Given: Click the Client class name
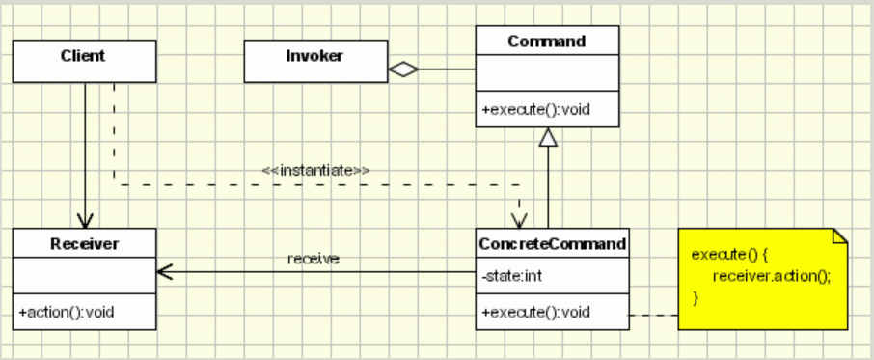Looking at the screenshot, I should [83, 56].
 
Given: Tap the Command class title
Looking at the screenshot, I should [546, 42].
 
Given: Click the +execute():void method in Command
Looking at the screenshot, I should [535, 110].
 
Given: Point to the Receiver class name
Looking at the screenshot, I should [83, 244].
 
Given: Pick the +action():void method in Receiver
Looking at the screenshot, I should [67, 313].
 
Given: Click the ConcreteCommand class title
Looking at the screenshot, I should [553, 244].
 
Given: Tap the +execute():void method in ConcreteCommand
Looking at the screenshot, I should [535, 313].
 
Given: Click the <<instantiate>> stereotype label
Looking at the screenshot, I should [316, 170].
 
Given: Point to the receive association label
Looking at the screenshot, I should [313, 259].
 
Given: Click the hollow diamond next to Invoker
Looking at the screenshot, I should [402, 69].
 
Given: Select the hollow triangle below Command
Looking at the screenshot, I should [548, 138].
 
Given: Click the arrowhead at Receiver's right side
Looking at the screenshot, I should [164, 273].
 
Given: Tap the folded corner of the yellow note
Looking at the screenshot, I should [838, 235].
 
